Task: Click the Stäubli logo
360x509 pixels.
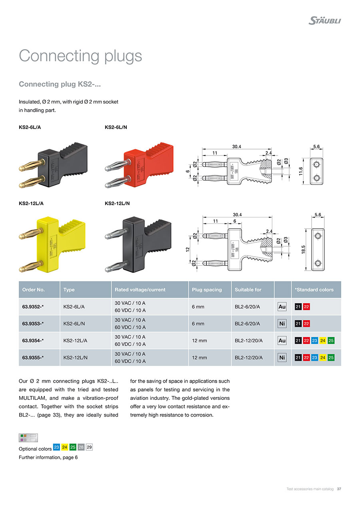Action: [324, 20]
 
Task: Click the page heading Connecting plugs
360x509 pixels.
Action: [80, 56]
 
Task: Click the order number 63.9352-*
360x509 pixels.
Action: [33, 307]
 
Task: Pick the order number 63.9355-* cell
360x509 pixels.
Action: [33, 357]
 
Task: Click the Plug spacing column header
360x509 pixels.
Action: [207, 289]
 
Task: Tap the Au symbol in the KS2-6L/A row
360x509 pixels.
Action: [282, 307]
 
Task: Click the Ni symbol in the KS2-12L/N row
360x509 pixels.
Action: [282, 357]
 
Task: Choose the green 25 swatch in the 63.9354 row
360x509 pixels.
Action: [331, 341]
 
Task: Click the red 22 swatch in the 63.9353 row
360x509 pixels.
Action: [306, 323]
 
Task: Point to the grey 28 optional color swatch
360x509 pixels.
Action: [81, 447]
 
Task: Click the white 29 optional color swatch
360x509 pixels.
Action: [89, 447]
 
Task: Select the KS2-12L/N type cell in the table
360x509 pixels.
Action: [76, 357]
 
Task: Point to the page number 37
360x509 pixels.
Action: [339, 489]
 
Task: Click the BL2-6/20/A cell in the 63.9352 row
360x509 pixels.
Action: [247, 307]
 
